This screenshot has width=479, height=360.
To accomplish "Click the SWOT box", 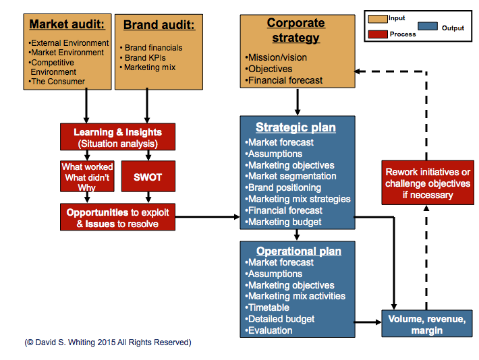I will [148, 177].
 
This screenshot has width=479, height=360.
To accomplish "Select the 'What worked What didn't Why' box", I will [88, 177].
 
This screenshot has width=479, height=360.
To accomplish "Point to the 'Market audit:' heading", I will [67, 26].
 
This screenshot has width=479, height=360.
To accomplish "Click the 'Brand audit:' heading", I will [159, 26].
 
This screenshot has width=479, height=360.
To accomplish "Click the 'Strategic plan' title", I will [295, 127].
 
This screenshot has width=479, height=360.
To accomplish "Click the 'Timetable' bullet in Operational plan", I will [269, 307].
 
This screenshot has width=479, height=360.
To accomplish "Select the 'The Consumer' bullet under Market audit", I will [57, 82].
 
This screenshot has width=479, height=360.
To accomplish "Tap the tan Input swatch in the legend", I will [377, 19].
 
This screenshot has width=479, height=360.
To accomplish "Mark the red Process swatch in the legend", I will [377, 34].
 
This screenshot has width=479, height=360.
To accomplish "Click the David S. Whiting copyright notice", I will [108, 342].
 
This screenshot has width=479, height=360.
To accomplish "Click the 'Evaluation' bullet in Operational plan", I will [270, 330].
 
